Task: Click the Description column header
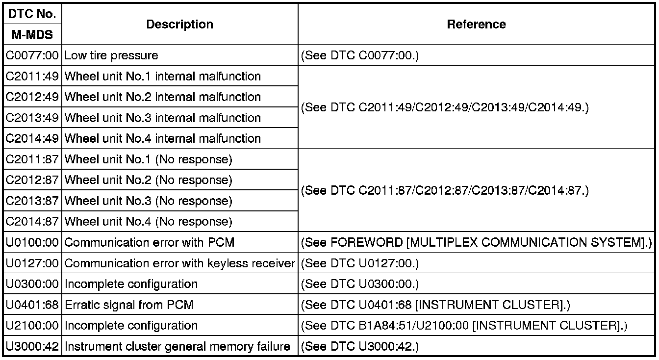180,25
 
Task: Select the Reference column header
476,25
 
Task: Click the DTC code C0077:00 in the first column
32,55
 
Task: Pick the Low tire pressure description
111,55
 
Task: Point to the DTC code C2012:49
32,97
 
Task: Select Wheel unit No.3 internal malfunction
162,118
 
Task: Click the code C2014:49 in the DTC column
32,138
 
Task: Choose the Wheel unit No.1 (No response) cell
148,159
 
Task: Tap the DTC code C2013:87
32,201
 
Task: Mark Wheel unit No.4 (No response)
148,222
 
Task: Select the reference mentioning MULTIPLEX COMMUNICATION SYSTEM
476,242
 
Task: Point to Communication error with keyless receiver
179,263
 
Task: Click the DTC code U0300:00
32,284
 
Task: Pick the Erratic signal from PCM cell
129,305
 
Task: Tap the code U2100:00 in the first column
32,326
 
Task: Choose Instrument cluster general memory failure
177,346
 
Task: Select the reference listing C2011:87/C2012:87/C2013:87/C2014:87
444,190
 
